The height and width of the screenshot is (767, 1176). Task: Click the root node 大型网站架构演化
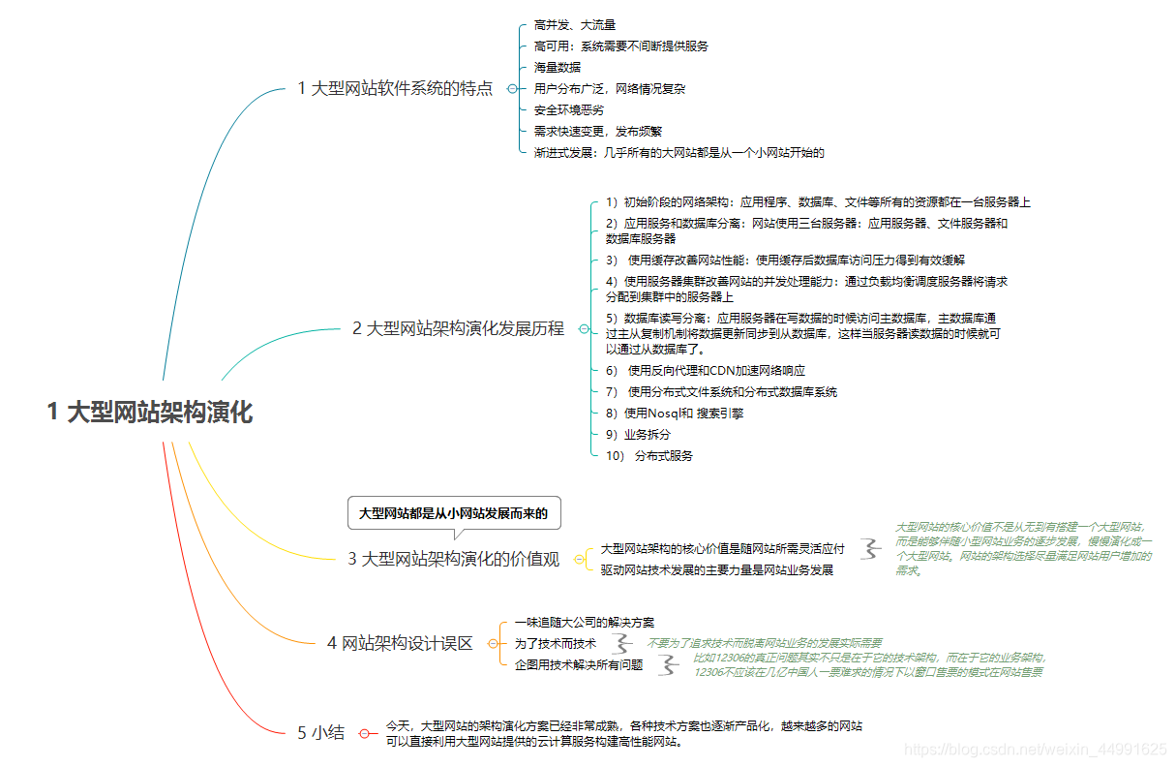click(150, 412)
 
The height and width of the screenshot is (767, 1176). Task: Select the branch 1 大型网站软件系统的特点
click(395, 89)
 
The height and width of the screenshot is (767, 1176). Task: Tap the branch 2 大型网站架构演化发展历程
click(458, 328)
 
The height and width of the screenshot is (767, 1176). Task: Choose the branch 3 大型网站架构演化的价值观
click(454, 559)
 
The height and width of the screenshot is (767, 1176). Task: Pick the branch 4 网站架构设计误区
click(400, 643)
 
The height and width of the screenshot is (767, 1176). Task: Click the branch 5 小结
click(320, 733)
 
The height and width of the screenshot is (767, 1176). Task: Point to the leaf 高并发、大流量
click(575, 25)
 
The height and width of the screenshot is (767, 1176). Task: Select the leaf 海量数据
click(558, 68)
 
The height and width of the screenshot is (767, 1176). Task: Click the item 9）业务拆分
click(638, 435)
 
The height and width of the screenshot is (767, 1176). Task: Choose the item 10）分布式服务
click(649, 456)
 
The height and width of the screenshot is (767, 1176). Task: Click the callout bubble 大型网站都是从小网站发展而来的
click(454, 513)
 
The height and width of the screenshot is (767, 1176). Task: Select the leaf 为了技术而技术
click(556, 643)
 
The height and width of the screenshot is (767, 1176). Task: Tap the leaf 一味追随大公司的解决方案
click(585, 622)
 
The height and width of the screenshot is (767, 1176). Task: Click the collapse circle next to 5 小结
click(365, 733)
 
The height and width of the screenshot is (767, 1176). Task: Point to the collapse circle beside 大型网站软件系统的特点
click(512, 89)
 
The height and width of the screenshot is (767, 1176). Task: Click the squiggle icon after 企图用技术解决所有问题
click(667, 664)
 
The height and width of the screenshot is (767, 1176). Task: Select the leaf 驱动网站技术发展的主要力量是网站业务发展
click(717, 569)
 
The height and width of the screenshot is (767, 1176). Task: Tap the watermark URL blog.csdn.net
click(1035, 749)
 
